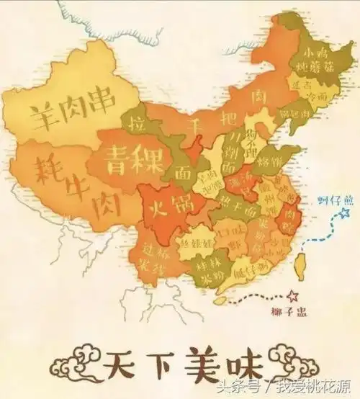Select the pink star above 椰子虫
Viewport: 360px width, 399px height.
click(292, 296)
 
